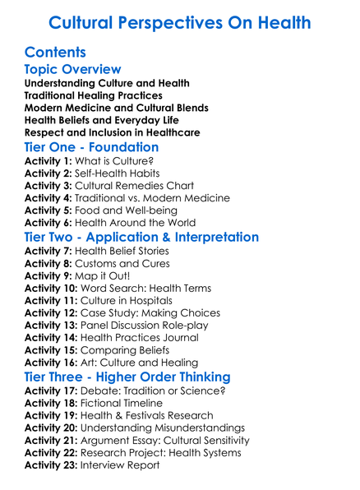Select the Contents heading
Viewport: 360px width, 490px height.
coord(56,53)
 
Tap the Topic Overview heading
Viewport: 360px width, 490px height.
coord(73,70)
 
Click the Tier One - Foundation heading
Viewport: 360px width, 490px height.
coord(92,147)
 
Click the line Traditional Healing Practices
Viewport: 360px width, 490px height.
coord(94,95)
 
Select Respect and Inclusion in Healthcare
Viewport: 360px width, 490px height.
coord(113,132)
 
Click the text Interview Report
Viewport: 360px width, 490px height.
coord(122,465)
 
